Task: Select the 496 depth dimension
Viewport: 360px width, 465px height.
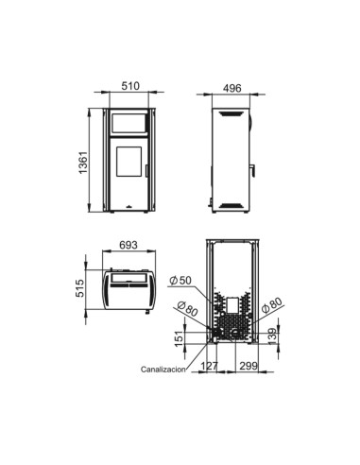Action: pyautogui.click(x=231, y=85)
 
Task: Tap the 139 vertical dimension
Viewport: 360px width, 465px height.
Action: pyautogui.click(x=274, y=336)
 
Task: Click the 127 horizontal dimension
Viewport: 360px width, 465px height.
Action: pyautogui.click(x=210, y=365)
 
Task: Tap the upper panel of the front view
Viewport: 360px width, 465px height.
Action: pyautogui.click(x=130, y=123)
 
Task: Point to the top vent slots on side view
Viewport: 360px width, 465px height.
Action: pyautogui.click(x=231, y=113)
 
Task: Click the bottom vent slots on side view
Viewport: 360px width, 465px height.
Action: pyautogui.click(x=231, y=203)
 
